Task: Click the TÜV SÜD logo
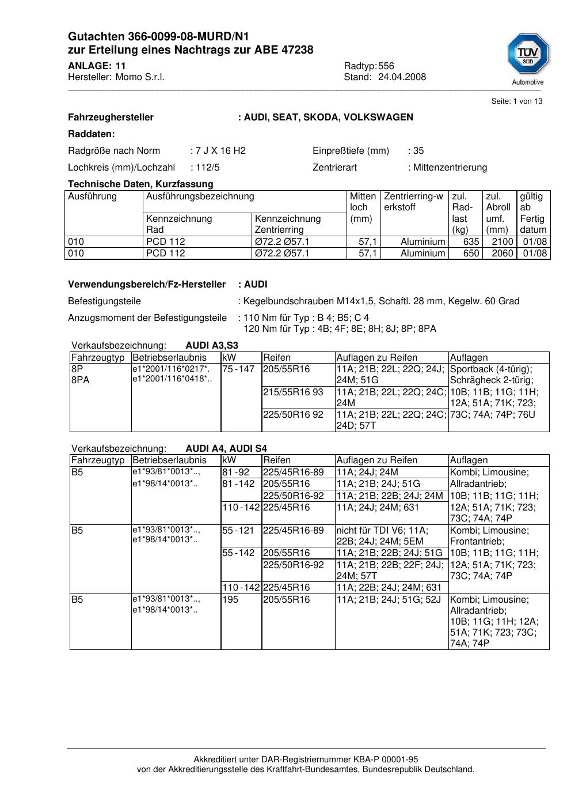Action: [528, 55]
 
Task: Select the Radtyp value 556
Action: [386, 66]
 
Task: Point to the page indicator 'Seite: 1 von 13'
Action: [516, 101]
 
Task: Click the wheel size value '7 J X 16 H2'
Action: [220, 151]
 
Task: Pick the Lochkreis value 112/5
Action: [207, 168]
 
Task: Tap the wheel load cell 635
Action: [471, 242]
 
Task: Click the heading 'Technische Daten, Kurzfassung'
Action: [140, 184]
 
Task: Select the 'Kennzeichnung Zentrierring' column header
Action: [287, 224]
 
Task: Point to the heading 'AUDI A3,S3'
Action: [212, 346]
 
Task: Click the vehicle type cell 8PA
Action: [81, 380]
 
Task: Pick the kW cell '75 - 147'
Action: [238, 369]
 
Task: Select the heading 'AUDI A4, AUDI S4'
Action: [226, 449]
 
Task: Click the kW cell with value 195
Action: [230, 600]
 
